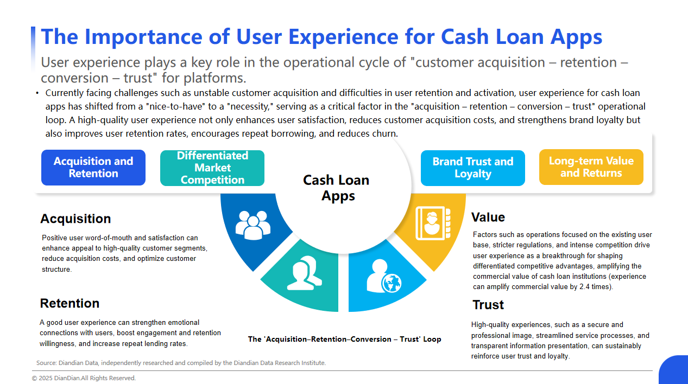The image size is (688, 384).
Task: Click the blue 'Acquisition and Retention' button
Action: (93, 168)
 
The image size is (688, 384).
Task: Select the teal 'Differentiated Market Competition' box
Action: (212, 168)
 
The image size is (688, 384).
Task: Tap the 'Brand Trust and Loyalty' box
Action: (472, 168)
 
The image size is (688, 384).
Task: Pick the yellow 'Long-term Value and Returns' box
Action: (591, 167)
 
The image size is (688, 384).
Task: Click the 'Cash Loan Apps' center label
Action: (337, 188)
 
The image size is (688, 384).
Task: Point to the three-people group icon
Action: (253, 225)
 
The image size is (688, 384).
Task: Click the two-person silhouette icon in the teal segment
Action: (305, 273)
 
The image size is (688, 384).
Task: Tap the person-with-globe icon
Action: (384, 276)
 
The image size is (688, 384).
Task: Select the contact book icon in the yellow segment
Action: (433, 223)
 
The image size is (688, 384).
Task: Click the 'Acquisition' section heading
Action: (75, 219)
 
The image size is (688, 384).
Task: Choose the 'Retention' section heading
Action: (70, 303)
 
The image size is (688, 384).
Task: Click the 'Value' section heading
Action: (488, 217)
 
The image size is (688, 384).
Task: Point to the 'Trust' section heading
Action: (488, 305)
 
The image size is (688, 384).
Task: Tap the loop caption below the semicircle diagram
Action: (345, 339)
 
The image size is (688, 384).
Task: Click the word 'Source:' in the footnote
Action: (46, 363)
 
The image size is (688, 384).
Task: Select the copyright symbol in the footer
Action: (34, 378)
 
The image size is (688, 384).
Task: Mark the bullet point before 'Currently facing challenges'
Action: (37, 93)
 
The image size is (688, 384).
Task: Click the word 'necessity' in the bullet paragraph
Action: (249, 107)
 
